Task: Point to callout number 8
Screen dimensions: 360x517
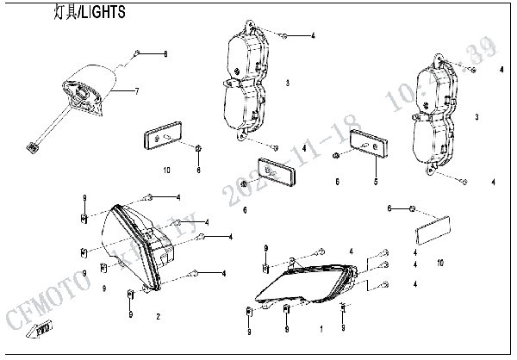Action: point(166,54)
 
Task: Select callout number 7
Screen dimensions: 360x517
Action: point(136,90)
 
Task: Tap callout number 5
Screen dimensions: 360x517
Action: point(375,182)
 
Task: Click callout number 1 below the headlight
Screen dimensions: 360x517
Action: point(321,330)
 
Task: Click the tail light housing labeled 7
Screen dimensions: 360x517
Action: point(90,89)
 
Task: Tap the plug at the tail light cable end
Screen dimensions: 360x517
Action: point(34,147)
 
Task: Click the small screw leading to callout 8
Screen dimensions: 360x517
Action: point(135,54)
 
